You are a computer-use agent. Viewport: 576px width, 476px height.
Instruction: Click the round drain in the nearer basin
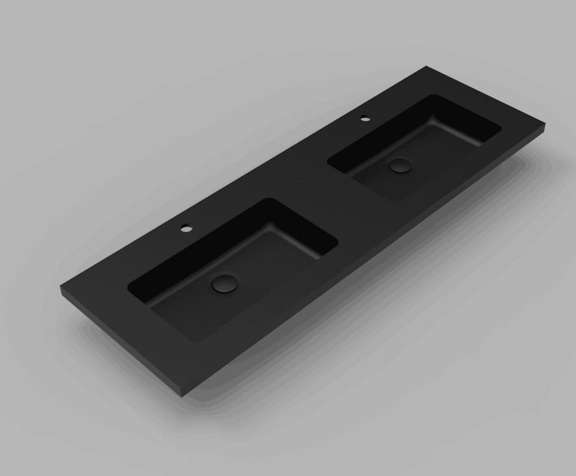(x=223, y=283)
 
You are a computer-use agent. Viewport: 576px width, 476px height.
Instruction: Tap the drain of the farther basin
(x=400, y=165)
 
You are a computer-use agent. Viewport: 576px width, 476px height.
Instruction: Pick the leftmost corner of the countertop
(x=60, y=286)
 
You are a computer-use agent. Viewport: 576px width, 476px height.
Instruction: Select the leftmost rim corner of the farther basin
(x=329, y=163)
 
